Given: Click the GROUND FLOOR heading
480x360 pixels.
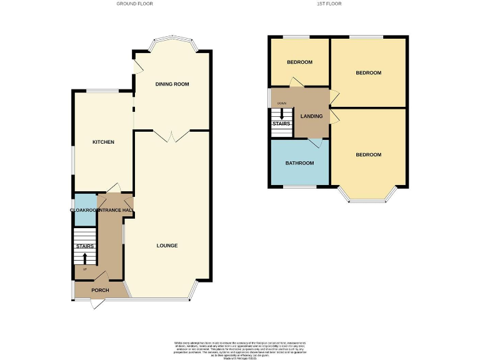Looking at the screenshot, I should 134,4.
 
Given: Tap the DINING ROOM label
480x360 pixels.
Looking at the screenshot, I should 172,84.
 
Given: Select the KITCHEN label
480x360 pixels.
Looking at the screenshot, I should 103,142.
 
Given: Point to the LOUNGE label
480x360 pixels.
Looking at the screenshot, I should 167,246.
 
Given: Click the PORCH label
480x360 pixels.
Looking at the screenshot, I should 100,291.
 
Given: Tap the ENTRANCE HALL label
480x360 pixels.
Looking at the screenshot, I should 116,211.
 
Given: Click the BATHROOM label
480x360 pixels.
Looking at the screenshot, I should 299,163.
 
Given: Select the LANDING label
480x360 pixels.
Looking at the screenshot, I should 311,116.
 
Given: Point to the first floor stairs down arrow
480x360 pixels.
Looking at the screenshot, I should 282,114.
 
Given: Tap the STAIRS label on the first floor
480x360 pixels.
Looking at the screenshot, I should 281,124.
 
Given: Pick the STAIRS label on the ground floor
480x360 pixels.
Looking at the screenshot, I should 85,246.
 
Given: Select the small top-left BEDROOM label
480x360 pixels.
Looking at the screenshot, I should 299,62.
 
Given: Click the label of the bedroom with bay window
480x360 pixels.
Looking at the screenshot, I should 368,155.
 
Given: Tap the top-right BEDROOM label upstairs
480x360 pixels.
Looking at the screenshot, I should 368,73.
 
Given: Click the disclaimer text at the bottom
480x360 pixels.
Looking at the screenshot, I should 240,347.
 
